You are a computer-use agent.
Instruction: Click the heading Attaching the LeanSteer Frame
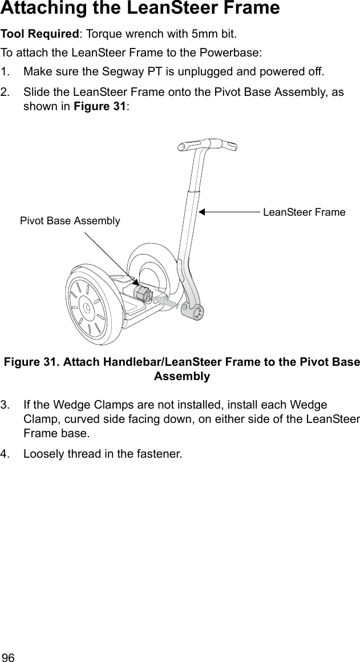[x=140, y=9]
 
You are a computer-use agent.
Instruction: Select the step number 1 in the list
[x=5, y=72]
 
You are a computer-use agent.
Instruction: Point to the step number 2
[x=5, y=92]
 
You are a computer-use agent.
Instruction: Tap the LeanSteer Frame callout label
[x=304, y=212]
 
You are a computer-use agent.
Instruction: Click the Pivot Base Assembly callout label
[x=70, y=221]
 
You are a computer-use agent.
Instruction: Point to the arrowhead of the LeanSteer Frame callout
[x=202, y=212]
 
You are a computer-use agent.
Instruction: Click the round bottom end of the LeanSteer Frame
[x=195, y=312]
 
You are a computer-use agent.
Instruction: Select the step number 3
[x=5, y=405]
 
